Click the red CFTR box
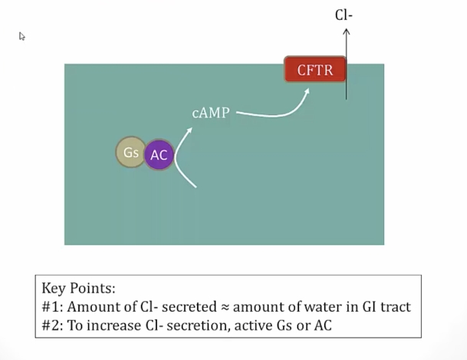click(x=314, y=71)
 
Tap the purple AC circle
click(x=159, y=154)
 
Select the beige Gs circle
click(x=130, y=152)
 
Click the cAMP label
click(x=211, y=114)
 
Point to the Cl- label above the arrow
click(x=344, y=15)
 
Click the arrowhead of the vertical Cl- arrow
click(x=346, y=31)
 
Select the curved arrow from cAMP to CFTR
click(x=276, y=111)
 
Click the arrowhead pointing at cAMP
click(x=189, y=130)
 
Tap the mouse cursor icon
click(x=22, y=36)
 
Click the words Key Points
click(x=78, y=289)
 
